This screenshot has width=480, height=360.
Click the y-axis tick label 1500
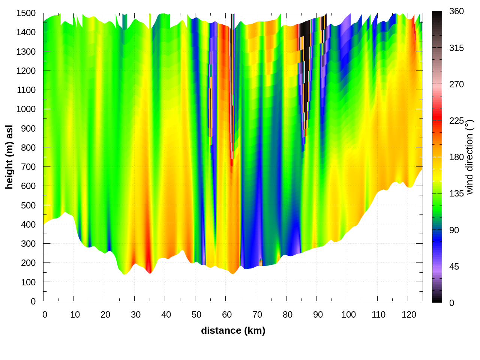26,13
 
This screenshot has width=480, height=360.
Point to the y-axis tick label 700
28,167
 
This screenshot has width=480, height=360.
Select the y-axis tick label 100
28,282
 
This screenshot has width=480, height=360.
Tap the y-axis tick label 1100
26,90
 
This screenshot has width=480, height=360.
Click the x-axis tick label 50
196,315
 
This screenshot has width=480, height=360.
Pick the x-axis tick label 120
409,315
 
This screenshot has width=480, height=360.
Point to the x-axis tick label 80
288,315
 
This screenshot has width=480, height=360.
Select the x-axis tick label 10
75,315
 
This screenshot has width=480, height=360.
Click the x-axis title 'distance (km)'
233,330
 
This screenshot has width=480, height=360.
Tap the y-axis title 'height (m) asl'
9,157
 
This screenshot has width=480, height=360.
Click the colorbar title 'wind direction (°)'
469,157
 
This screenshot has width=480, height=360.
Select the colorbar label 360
456,12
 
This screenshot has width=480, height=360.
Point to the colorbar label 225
456,121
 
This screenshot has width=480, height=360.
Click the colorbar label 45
454,267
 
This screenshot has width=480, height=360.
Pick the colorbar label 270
456,84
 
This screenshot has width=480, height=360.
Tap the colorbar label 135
456,193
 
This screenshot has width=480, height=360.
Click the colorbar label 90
454,230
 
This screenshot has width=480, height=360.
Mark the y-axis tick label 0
33,301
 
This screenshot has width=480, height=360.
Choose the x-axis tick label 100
348,315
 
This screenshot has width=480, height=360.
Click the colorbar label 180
456,157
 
